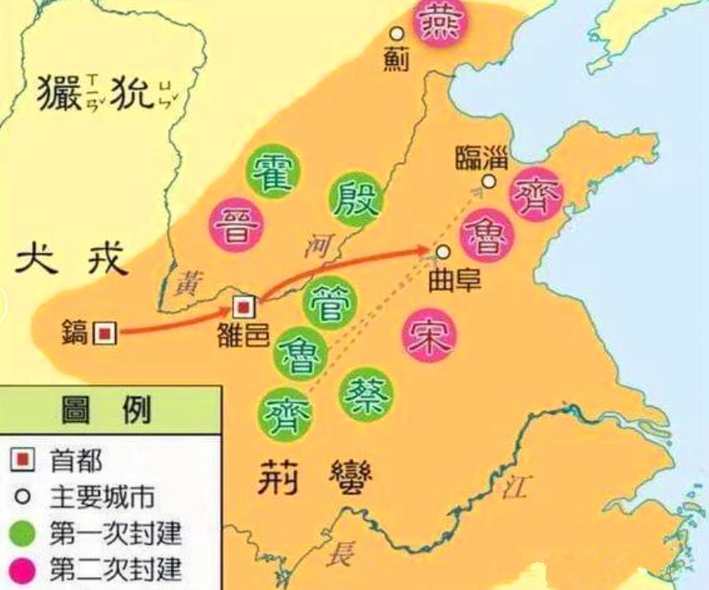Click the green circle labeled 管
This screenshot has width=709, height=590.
click(x=331, y=302)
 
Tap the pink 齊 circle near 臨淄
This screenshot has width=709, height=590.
click(x=536, y=194)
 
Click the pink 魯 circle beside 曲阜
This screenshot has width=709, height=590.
click(x=487, y=235)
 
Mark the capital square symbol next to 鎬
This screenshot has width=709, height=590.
click(x=105, y=333)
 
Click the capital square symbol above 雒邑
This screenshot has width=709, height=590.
click(x=245, y=307)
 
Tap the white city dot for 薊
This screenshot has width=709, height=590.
click(x=397, y=34)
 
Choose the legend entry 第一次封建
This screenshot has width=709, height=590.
click(x=114, y=533)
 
